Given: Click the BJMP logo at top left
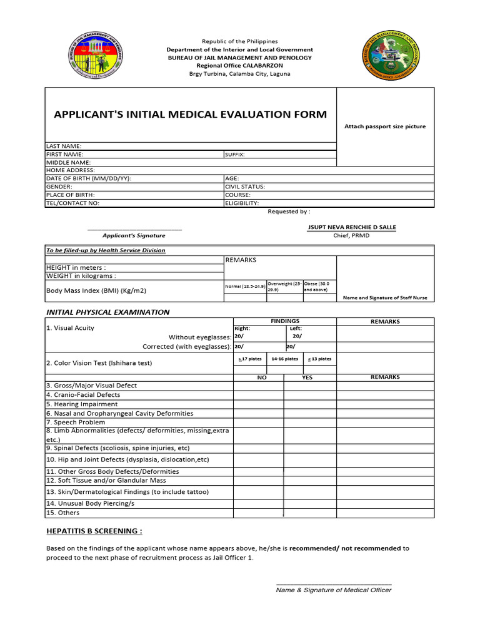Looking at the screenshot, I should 95,56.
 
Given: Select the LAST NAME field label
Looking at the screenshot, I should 64,146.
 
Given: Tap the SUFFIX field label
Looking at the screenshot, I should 235,154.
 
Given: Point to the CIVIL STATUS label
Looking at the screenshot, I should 245,187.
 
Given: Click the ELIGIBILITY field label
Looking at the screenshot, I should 242,203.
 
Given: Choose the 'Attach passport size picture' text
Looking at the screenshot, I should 385,126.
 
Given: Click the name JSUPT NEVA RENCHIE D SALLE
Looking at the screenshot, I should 351,227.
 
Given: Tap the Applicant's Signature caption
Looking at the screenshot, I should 134,235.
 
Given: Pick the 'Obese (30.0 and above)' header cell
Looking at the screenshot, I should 319,287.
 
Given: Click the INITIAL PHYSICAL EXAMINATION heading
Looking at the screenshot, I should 107,312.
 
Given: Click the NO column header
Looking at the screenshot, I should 261,377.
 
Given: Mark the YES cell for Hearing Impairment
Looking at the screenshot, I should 310,404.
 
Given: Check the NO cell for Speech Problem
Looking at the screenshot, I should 259,423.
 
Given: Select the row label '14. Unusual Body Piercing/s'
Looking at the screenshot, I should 91,503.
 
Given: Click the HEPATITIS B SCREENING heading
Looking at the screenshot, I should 94,531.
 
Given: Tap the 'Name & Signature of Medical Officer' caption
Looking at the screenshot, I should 334,590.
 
